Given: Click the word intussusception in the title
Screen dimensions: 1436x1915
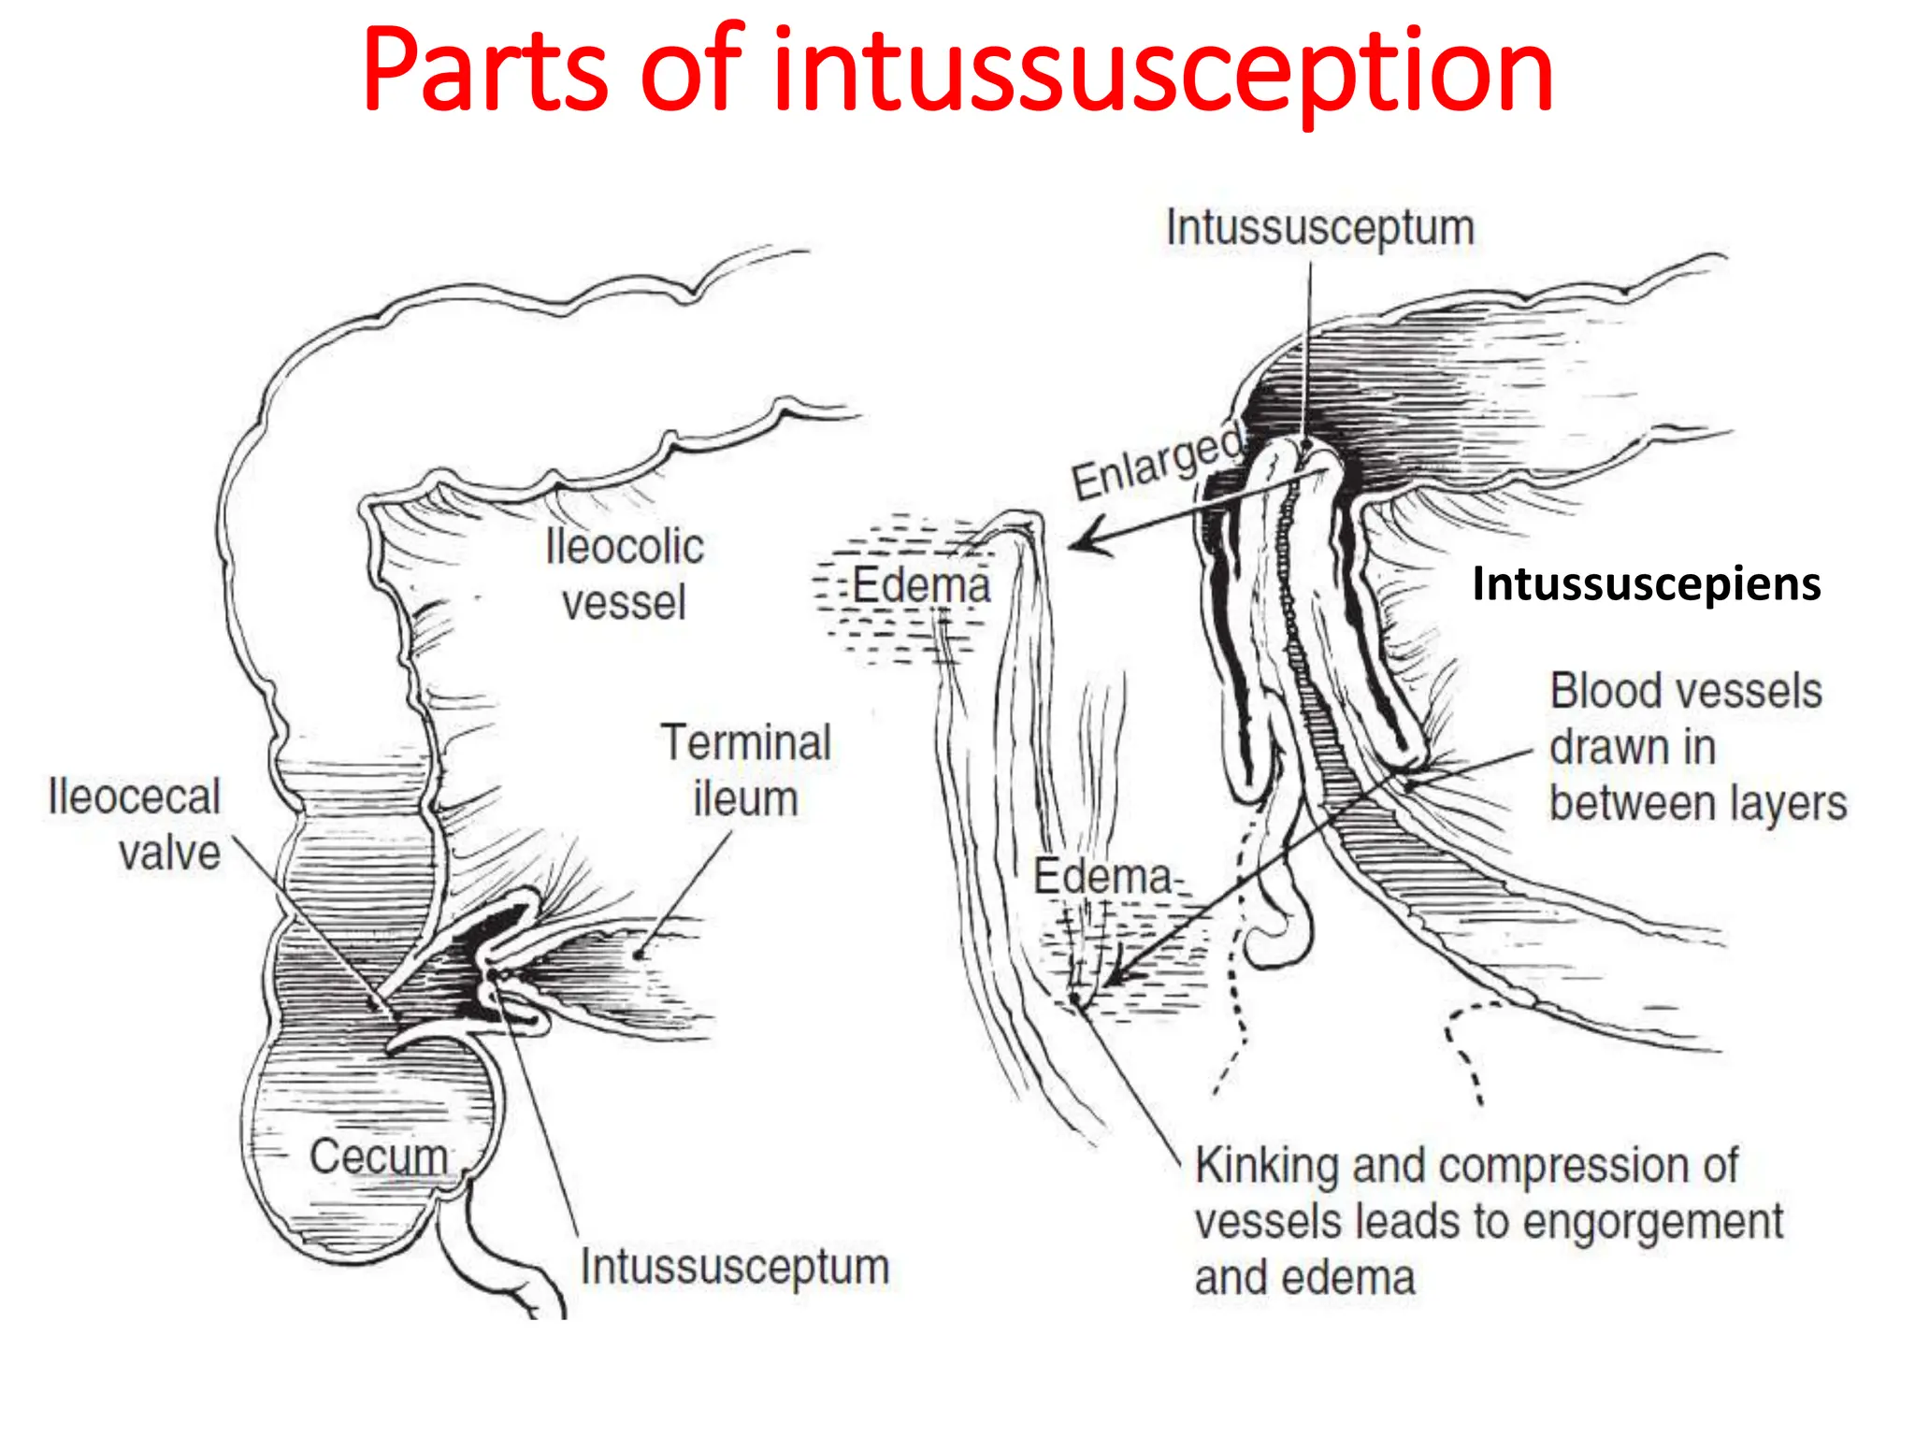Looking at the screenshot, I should [x=1162, y=75].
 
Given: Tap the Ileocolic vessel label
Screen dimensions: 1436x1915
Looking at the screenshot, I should [x=625, y=573].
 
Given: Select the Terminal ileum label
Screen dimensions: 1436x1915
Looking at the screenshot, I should [x=745, y=770].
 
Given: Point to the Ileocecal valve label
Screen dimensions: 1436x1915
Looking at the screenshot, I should [x=135, y=824].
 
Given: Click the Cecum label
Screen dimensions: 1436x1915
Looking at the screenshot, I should [x=379, y=1156].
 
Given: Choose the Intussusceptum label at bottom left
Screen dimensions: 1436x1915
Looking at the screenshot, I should [x=734, y=1267].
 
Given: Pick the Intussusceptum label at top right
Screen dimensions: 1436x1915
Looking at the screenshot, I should [x=1319, y=229].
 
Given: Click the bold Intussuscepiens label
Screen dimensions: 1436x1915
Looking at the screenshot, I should [x=1646, y=584].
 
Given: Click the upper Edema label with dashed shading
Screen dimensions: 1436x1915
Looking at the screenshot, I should [x=920, y=586].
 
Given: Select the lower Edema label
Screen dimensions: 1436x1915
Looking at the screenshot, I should [x=1101, y=877].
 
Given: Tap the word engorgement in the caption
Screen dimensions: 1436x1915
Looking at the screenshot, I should [x=1667, y=1222].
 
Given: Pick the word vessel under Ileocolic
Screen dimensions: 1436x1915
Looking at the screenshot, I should [x=624, y=603].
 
